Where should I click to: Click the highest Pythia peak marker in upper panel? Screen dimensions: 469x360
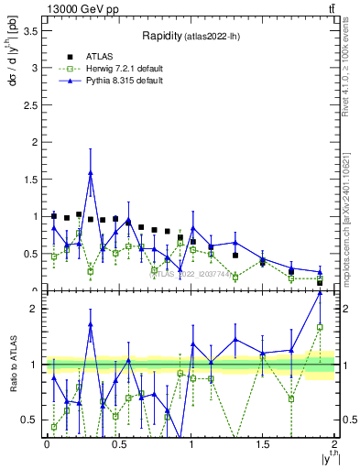pyautogui.click(x=91, y=172)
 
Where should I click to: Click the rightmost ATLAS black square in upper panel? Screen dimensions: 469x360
pyautogui.click(x=320, y=281)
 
